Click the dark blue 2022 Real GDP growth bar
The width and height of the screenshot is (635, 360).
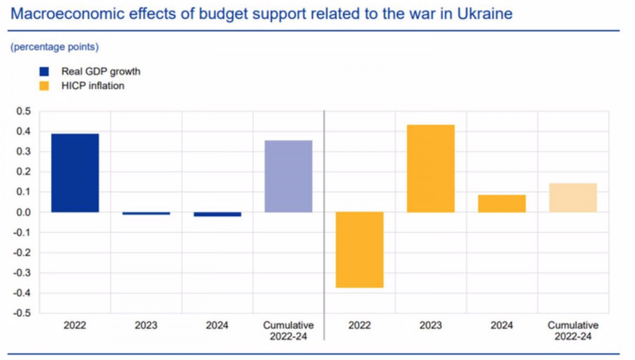(75, 173)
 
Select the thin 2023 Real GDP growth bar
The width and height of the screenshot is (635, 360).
(146, 213)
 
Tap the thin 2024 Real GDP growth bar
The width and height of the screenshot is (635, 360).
(217, 214)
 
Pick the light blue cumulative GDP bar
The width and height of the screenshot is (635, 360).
(288, 176)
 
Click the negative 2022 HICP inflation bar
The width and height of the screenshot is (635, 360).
(359, 250)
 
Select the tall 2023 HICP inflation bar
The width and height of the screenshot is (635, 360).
(430, 169)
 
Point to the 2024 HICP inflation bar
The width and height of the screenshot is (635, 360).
(502, 203)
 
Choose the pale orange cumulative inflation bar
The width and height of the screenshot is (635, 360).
(573, 198)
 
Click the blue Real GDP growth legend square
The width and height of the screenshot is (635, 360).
(44, 71)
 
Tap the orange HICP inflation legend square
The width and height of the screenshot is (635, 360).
(44, 86)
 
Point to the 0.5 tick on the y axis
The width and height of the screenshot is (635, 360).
(24, 112)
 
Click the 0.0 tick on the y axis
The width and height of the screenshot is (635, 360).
(24, 212)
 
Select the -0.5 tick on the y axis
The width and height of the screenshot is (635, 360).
(23, 313)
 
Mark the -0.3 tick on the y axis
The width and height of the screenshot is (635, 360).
(23, 273)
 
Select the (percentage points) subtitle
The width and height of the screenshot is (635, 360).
(54, 47)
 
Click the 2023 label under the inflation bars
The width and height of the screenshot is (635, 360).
(430, 325)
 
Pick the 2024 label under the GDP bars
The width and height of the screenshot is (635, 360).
(217, 325)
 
